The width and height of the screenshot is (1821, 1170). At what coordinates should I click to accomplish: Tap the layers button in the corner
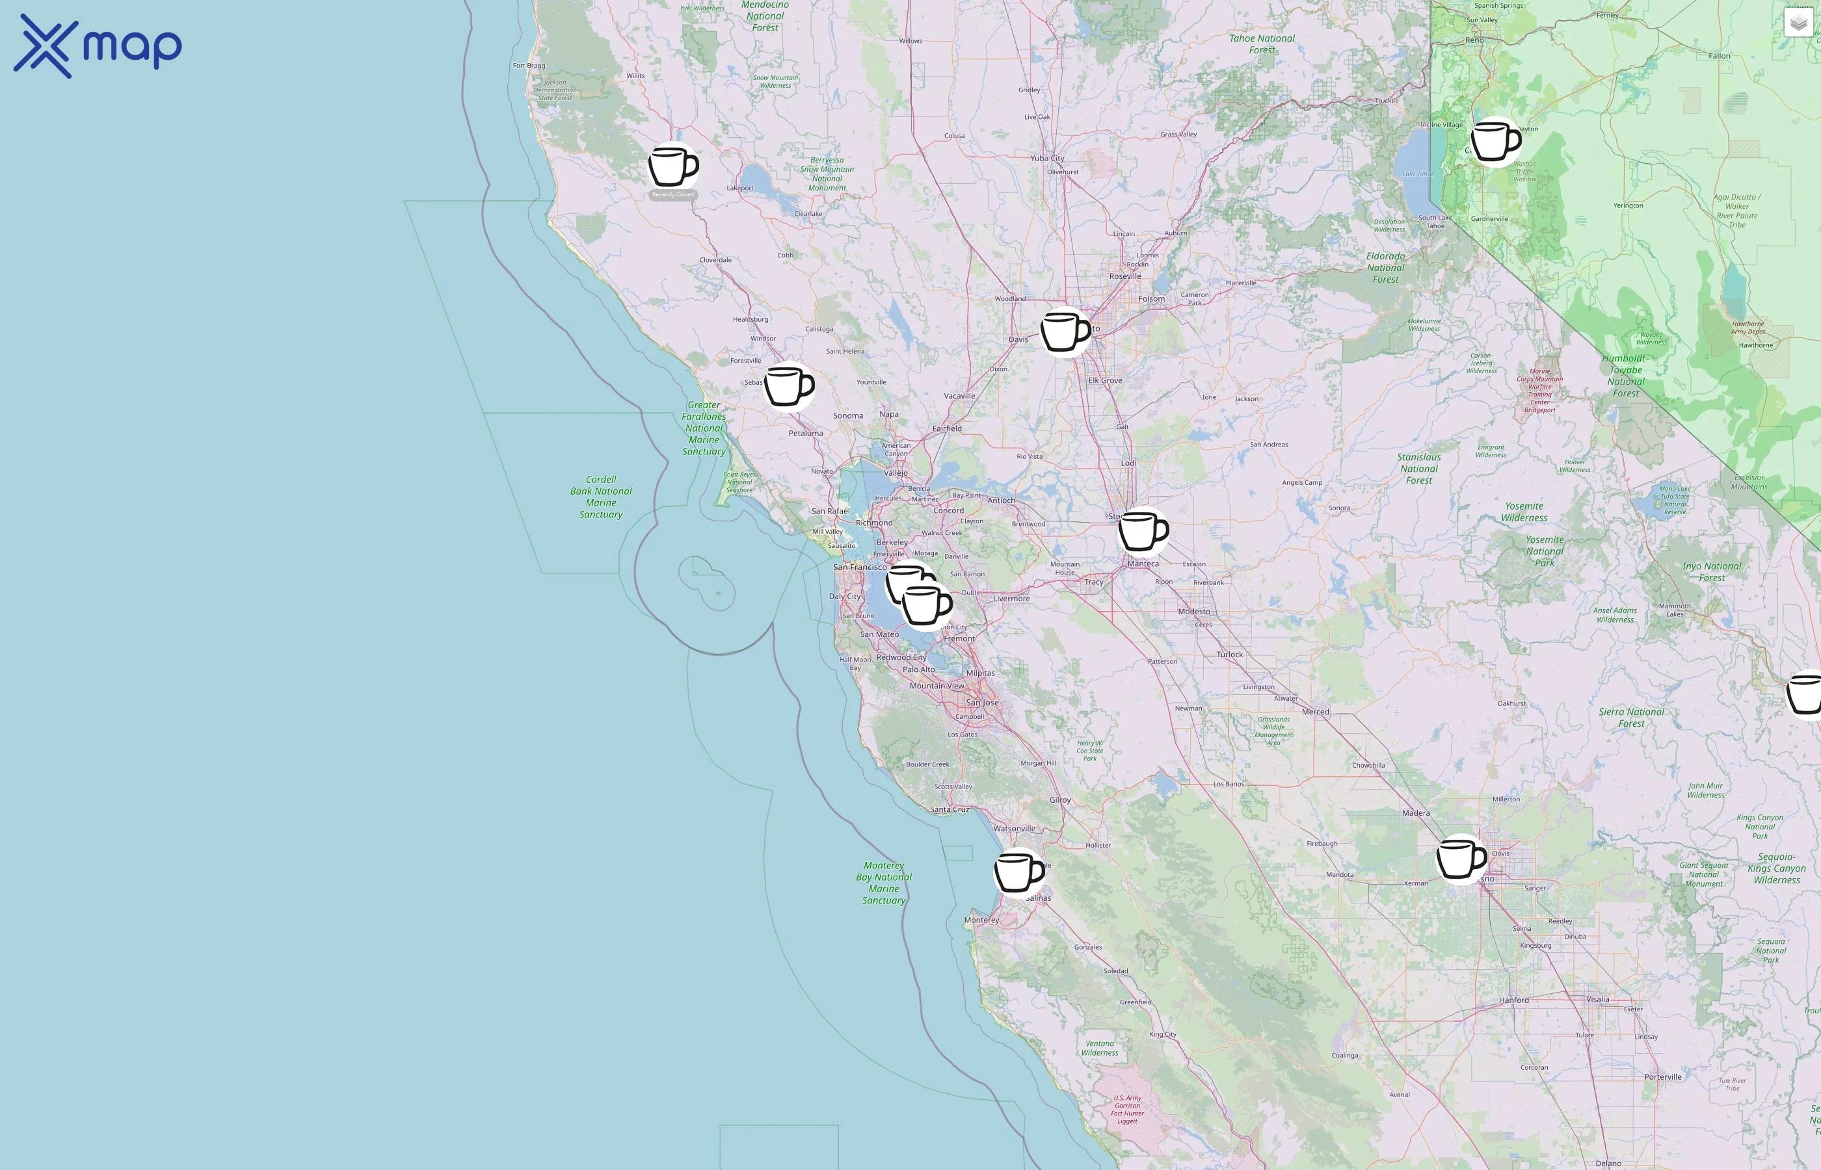1798,23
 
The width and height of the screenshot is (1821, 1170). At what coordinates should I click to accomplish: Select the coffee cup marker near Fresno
1460,859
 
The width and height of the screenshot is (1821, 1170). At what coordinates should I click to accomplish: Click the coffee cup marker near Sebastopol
788,386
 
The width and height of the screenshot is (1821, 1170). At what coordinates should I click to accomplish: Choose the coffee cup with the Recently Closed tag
672,166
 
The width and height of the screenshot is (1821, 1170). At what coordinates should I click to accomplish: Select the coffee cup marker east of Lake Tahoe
1495,140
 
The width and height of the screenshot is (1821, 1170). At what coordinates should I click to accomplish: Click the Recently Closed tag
672,195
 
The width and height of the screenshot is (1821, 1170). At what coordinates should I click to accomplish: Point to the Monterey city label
981,920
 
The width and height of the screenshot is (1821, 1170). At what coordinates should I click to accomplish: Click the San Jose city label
982,703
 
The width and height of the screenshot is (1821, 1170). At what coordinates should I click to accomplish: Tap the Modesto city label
1193,612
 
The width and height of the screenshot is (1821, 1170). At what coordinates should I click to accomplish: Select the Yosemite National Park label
1545,551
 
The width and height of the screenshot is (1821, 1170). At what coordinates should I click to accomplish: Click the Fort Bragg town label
528,66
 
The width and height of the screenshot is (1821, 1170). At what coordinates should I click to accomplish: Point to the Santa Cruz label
950,809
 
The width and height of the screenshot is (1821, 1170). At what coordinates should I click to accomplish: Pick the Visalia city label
1597,999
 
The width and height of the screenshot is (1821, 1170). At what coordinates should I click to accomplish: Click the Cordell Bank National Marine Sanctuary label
600,497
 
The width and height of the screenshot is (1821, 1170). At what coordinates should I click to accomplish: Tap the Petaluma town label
805,433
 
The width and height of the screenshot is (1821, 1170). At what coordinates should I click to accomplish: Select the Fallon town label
1719,55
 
